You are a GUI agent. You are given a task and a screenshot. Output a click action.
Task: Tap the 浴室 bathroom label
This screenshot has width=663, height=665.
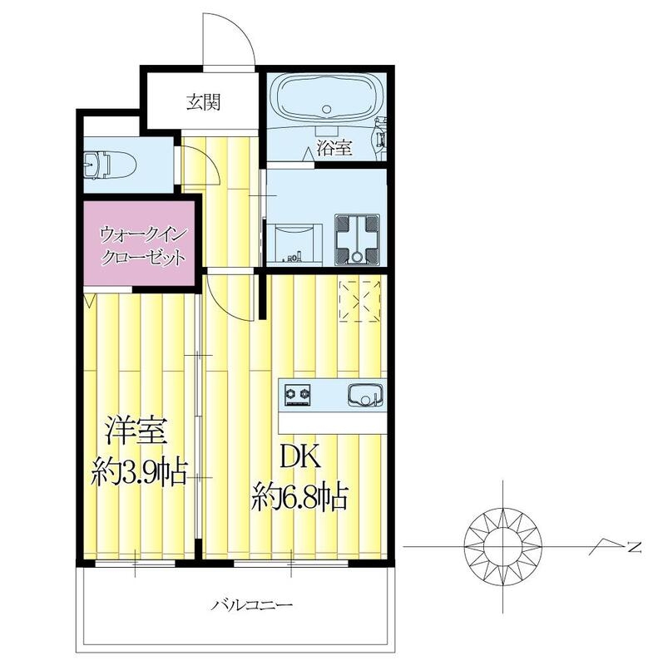pyautogui.click(x=334, y=150)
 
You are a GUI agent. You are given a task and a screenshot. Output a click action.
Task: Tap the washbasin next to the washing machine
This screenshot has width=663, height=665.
pyautogui.click(x=293, y=239)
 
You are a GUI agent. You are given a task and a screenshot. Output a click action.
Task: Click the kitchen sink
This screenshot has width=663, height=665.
pyautogui.click(x=363, y=396)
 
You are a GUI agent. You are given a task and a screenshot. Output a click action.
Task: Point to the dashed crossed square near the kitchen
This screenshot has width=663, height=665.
pyautogui.click(x=359, y=301)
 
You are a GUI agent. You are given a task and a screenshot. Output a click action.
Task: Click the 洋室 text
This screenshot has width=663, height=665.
pyautogui.click(x=138, y=433)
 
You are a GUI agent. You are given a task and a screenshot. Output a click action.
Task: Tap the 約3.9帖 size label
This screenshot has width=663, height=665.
pyautogui.click(x=138, y=474)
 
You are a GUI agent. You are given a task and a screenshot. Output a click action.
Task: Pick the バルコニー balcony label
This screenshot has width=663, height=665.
pyautogui.click(x=239, y=605)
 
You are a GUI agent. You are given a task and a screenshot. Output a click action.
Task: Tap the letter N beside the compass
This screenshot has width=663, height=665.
pyautogui.click(x=634, y=547)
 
